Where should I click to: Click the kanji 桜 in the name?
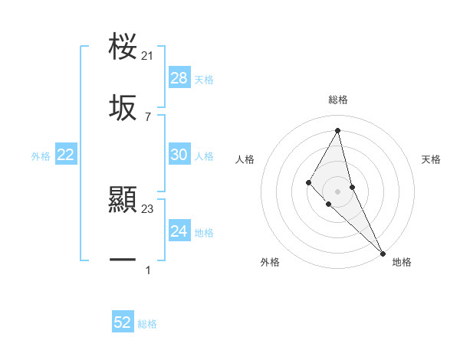click(123, 47)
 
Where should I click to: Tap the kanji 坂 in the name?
click(123, 109)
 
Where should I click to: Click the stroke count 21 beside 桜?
click(148, 56)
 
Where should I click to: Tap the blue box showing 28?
click(179, 78)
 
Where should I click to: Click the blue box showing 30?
click(179, 155)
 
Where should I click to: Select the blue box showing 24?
click(179, 231)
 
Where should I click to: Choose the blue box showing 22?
click(66, 155)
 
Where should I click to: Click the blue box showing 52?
click(123, 322)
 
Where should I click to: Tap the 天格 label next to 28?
click(204, 80)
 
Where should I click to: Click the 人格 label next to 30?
click(204, 156)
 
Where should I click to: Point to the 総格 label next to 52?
click(147, 324)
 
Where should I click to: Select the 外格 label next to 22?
click(41, 156)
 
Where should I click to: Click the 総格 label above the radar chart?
click(338, 100)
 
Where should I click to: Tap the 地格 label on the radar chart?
click(402, 263)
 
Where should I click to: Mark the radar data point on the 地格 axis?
click(383, 253)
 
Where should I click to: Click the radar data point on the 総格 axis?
click(338, 130)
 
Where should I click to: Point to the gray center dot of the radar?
click(338, 191)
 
